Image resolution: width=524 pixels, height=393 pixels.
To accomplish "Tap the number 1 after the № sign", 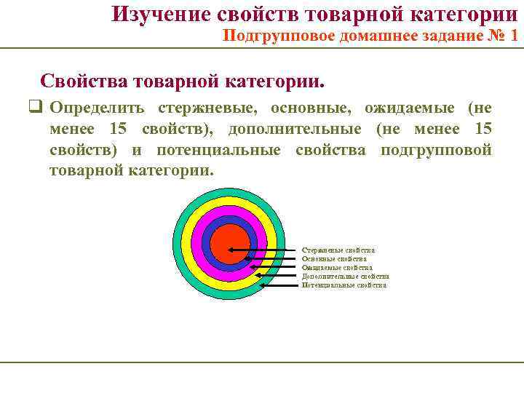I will (x=515, y=36).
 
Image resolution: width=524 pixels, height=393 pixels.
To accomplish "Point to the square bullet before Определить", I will (x=33, y=108).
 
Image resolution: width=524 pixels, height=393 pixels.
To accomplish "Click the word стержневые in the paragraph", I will (x=207, y=108).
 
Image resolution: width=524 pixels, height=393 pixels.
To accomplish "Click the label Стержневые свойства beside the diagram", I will (x=338, y=250).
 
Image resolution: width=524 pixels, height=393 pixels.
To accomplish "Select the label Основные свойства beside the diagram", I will (x=334, y=259).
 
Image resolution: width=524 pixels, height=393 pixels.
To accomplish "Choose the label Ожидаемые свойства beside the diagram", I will (x=336, y=268).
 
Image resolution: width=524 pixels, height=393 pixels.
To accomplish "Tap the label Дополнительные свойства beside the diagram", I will (x=345, y=277).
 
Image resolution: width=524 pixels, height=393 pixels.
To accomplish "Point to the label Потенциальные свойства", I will (x=344, y=285).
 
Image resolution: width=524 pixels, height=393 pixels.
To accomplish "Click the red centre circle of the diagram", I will (x=229, y=244).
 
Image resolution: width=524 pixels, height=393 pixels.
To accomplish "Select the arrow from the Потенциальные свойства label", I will (x=280, y=285).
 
